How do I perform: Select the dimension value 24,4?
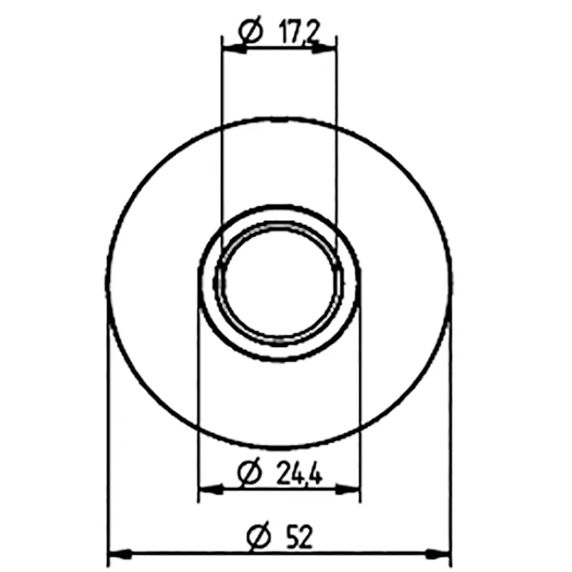pyautogui.click(x=300, y=473)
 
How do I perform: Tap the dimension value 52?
pyautogui.click(x=300, y=536)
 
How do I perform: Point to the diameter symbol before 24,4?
pyautogui.click(x=250, y=472)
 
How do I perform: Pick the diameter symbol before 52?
pyautogui.click(x=259, y=536)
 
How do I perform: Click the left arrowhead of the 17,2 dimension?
pyautogui.click(x=234, y=48)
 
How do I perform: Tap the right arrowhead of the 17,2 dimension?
pyautogui.click(x=324, y=48)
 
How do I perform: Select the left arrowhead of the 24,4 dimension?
pyautogui.click(x=210, y=489)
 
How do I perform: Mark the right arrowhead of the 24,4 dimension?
pyautogui.click(x=347, y=489)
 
